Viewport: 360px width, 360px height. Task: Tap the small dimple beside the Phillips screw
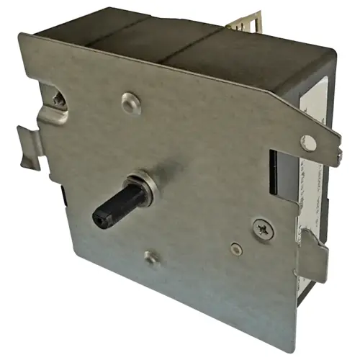(235, 250)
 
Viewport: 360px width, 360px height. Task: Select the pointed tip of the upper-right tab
(339, 153)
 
